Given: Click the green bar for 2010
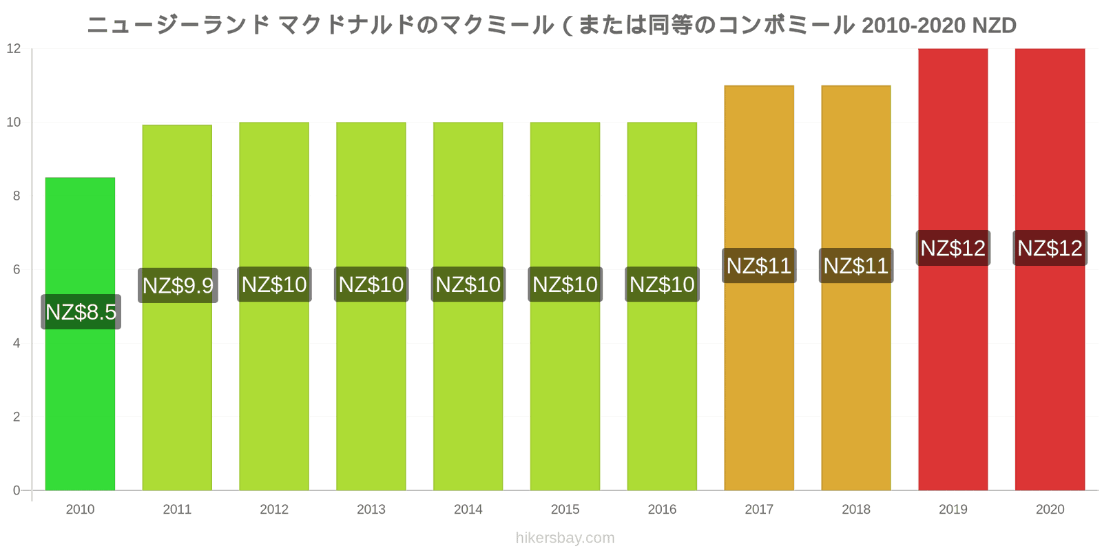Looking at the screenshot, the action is point(80,333).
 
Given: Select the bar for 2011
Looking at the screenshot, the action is point(177,307).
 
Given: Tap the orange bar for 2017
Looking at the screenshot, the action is point(759,288).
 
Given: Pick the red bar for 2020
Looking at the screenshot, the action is point(1050,269).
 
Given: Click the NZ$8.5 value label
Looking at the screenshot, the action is point(81,312).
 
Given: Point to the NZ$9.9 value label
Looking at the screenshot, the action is point(178,285).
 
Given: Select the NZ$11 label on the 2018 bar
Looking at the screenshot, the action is point(856,266).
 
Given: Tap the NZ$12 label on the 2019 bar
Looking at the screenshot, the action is point(953,248).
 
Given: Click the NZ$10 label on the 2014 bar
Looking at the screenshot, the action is point(468,284).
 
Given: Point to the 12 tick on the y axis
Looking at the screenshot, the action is point(14,48).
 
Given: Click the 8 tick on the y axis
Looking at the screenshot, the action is point(17,196).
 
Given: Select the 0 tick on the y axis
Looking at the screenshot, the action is point(17,490).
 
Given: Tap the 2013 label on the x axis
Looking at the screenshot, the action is point(371,509).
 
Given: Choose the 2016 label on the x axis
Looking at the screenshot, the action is point(662,509).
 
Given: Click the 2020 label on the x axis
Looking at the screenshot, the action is point(1050,509).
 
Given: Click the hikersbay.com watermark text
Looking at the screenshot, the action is point(565,537).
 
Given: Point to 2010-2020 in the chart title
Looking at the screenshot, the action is point(913,25).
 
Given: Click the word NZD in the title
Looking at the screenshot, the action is point(995,25).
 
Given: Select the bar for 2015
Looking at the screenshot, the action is point(565,306).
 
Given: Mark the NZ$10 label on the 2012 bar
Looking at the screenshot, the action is point(274,284).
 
